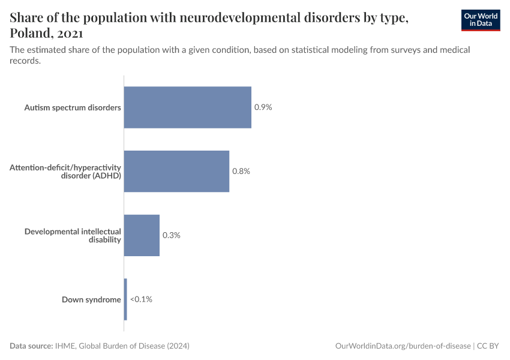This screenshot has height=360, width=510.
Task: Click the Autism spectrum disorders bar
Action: point(187,107)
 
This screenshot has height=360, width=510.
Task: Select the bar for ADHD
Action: point(176,171)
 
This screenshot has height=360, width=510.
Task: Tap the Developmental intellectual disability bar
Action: point(142,235)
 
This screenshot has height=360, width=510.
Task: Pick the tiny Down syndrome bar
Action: point(125,299)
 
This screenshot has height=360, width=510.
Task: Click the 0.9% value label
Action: point(263,107)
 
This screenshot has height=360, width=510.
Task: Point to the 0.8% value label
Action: point(241,171)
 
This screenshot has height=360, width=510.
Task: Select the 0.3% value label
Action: point(172,235)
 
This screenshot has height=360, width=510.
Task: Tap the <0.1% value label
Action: point(142,299)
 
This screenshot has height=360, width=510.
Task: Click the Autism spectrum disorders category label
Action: point(73,107)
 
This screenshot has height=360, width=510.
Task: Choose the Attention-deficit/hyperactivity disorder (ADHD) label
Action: point(65,171)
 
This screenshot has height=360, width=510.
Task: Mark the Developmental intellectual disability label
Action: point(73,235)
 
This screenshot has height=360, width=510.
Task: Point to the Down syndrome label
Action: point(91,299)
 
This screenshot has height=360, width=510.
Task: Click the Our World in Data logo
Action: point(480,20)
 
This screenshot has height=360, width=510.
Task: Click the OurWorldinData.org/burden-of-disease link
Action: point(403,346)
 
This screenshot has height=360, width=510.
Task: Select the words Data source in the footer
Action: point(31,346)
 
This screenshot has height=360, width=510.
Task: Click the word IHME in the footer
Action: point(64,346)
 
